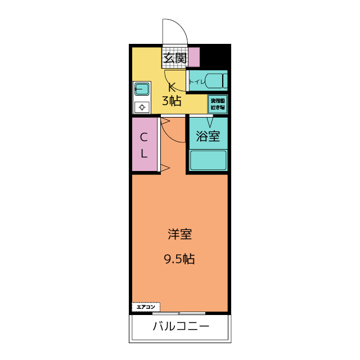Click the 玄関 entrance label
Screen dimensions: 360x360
(174, 57)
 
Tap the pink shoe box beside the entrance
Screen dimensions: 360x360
(193, 57)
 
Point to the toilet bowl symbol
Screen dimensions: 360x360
(216, 80)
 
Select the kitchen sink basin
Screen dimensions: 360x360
(142, 89)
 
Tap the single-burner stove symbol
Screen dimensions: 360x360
(142, 107)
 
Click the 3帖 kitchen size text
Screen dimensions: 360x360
(172, 101)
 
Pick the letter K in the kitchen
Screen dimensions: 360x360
(173, 87)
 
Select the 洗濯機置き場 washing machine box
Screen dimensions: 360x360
(218, 103)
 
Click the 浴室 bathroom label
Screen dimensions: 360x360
(208, 136)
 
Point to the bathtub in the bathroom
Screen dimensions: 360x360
(208, 160)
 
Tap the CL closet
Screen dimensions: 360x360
(144, 145)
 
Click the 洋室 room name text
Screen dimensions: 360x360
(179, 235)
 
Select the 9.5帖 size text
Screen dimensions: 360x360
(179, 259)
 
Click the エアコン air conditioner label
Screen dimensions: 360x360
(146, 307)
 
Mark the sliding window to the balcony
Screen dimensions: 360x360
(180, 313)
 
